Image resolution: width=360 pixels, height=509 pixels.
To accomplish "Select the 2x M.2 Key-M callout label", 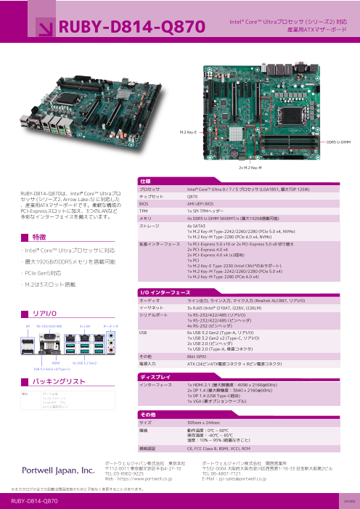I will click(250, 167).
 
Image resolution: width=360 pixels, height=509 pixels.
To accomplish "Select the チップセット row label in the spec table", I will click(151, 195).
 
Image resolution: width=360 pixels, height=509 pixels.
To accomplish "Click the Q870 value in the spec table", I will click(192, 195).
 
